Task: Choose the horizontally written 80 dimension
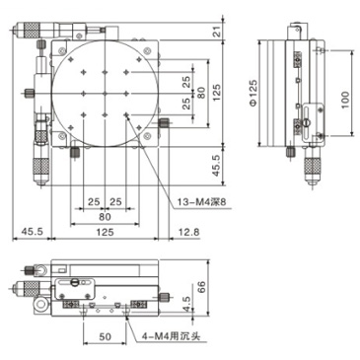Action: click(104, 217)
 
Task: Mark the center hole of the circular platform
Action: click(104, 92)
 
